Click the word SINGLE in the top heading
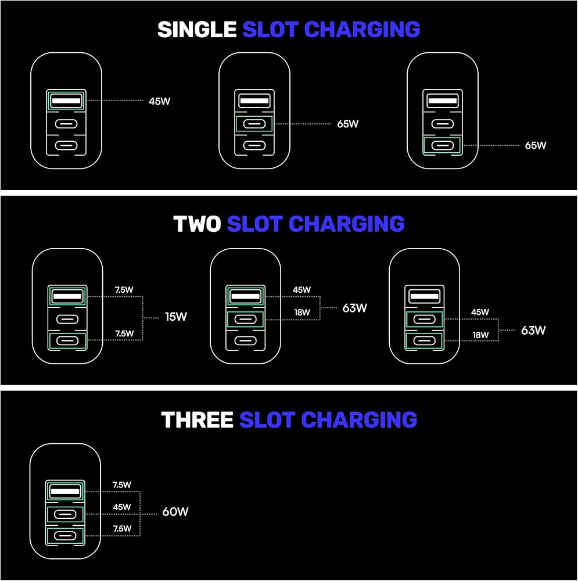(196, 30)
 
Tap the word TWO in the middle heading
(197, 224)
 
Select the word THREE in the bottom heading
(197, 419)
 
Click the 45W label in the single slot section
(160, 101)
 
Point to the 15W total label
(176, 317)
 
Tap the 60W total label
(175, 512)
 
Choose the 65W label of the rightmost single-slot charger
(536, 146)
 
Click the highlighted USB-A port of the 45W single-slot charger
(66, 101)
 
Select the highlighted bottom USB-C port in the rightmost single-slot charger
(443, 145)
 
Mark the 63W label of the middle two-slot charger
(354, 308)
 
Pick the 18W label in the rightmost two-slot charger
(480, 335)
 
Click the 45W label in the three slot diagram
(122, 507)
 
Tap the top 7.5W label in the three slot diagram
(122, 485)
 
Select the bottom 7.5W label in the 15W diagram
(124, 333)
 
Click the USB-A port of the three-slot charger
(66, 492)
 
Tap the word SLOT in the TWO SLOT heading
(255, 224)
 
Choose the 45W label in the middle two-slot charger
(301, 290)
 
